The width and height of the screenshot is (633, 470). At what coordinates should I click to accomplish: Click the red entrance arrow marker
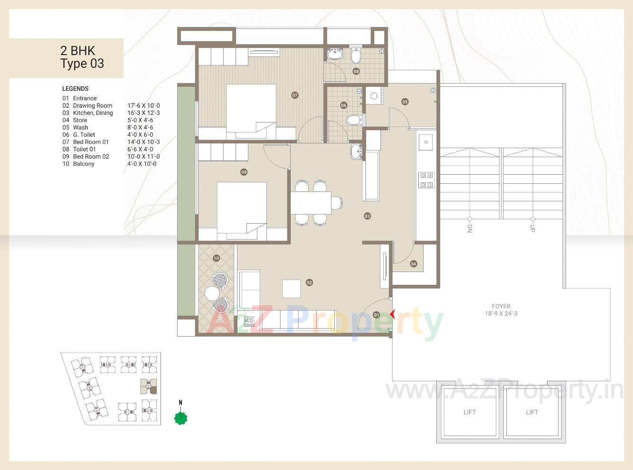[392, 314]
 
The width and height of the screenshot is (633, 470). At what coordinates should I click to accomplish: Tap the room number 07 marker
[295, 95]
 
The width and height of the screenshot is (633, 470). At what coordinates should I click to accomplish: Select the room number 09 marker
[244, 172]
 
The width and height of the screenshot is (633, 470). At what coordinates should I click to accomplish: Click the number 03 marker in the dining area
[367, 216]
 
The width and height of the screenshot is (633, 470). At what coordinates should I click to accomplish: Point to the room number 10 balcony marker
[216, 258]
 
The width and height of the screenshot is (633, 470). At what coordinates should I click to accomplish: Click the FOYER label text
[501, 306]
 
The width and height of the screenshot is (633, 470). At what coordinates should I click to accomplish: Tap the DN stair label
[469, 228]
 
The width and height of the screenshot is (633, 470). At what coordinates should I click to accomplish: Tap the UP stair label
[532, 228]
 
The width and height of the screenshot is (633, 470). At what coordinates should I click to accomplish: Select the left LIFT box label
[469, 412]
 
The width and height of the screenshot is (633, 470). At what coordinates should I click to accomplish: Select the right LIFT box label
[532, 412]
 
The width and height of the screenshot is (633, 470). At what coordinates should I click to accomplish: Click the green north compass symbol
[180, 418]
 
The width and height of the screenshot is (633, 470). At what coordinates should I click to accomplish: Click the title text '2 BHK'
[77, 51]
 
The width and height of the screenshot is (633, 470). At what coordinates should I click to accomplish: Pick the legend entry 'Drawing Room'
[93, 106]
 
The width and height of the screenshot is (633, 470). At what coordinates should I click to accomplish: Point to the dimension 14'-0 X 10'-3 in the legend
[143, 142]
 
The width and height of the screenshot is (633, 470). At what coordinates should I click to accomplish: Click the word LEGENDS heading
[75, 89]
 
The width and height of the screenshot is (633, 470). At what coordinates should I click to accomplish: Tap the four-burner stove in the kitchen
[425, 180]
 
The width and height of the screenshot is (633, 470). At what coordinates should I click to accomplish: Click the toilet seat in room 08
[356, 56]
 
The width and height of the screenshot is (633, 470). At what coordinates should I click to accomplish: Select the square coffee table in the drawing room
[291, 288]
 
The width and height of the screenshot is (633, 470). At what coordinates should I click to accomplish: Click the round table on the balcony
[211, 293]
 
